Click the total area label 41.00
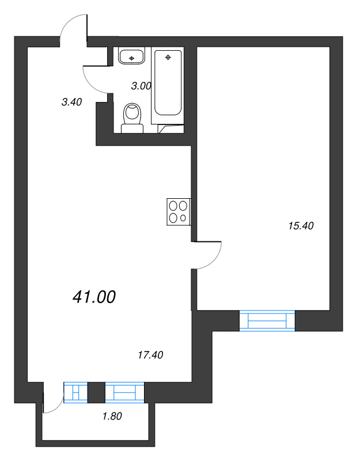pos(94,297)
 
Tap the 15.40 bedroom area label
pos(300,226)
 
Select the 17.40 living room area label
pos(150,355)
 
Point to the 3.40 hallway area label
pos(71,102)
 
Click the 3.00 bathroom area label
pos(141,86)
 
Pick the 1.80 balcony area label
pos(112,415)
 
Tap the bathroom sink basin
pos(133,56)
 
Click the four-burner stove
pos(178,211)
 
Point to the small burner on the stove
pos(183,218)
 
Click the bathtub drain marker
pos(168,57)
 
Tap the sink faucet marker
pos(133,58)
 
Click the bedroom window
pos(267,320)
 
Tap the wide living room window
pos(124,392)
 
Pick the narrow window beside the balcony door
pos(75,392)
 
